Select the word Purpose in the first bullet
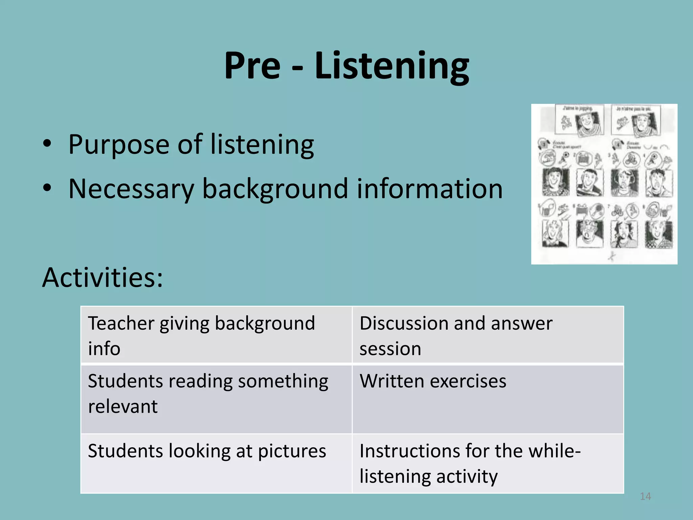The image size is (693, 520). point(118,145)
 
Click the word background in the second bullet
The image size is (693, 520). point(275,189)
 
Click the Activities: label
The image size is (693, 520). point(103,277)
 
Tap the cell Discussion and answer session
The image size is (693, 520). point(488,335)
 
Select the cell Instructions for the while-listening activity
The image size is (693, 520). point(488,463)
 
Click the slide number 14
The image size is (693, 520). point(645,496)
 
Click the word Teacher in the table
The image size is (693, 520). point(121,323)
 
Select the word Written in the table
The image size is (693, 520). point(392,381)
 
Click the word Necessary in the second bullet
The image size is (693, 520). point(131,189)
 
